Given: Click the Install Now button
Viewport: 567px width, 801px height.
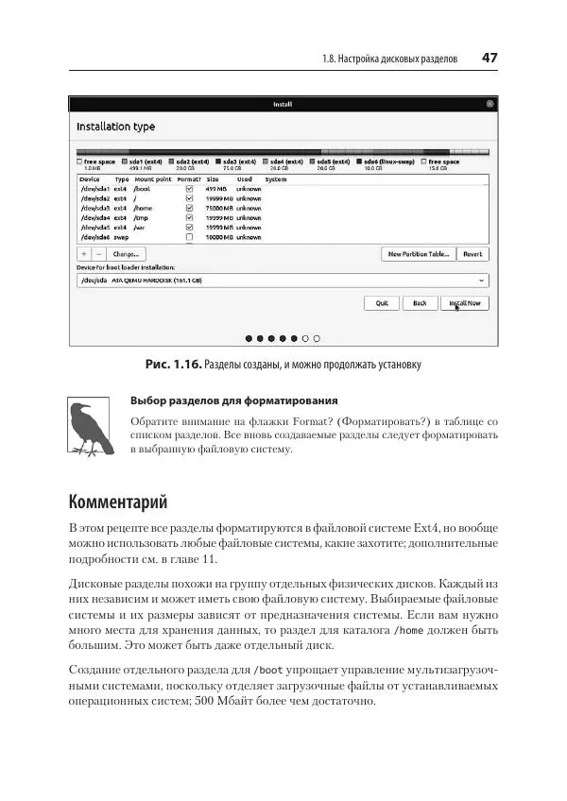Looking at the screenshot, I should click(x=464, y=303).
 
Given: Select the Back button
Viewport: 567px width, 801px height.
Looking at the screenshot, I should click(x=419, y=303).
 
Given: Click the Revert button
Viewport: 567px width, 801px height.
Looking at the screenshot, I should click(x=472, y=254).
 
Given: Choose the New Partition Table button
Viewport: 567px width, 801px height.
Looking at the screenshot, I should click(x=418, y=254).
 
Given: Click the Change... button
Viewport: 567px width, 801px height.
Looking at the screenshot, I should click(x=126, y=254).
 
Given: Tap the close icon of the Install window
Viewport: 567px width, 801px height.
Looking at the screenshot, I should click(x=490, y=104).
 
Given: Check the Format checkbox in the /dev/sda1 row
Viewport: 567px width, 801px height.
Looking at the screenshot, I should click(x=190, y=189).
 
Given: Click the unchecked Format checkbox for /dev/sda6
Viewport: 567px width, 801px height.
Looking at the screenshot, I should click(x=190, y=237).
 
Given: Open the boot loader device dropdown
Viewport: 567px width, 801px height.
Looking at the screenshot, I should click(x=283, y=281).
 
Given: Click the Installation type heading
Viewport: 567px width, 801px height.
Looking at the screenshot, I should click(x=115, y=127).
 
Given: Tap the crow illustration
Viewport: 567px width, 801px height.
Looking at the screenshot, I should click(x=92, y=427).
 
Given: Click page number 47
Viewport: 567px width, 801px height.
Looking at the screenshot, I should click(x=490, y=58).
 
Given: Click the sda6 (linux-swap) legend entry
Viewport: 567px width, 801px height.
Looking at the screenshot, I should click(x=386, y=162).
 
